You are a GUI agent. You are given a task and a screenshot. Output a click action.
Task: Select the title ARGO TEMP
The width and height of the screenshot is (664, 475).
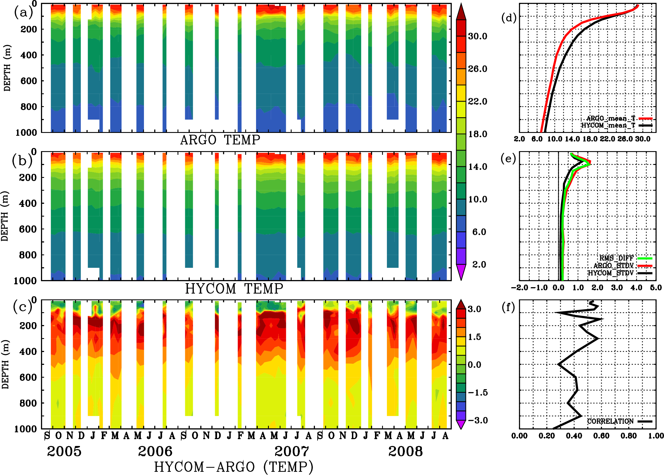220,140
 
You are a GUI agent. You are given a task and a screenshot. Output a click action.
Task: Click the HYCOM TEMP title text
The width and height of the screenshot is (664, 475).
234,289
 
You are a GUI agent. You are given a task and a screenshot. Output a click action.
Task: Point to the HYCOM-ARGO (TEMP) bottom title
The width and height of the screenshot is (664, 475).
233,467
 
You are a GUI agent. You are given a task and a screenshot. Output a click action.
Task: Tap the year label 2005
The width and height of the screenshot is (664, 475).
64,451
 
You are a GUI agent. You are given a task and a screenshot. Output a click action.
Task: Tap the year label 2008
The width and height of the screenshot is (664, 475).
405,451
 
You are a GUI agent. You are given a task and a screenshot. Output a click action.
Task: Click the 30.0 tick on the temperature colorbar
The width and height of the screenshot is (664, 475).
477,36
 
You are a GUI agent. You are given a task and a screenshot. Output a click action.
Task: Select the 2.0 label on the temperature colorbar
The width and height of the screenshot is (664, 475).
479,264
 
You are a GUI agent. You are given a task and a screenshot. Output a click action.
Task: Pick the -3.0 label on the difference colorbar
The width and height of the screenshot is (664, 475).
478,420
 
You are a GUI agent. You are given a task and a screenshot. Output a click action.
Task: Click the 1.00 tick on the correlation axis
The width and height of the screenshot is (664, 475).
656,436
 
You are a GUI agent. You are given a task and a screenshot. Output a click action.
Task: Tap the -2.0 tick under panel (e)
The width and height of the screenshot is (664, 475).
519,288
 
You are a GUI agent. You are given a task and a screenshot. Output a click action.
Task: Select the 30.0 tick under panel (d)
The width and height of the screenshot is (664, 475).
643,139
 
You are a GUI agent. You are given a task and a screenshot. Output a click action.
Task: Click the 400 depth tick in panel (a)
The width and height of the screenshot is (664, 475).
28,55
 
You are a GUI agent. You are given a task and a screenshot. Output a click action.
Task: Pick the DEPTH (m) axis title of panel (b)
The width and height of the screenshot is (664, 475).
5,216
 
